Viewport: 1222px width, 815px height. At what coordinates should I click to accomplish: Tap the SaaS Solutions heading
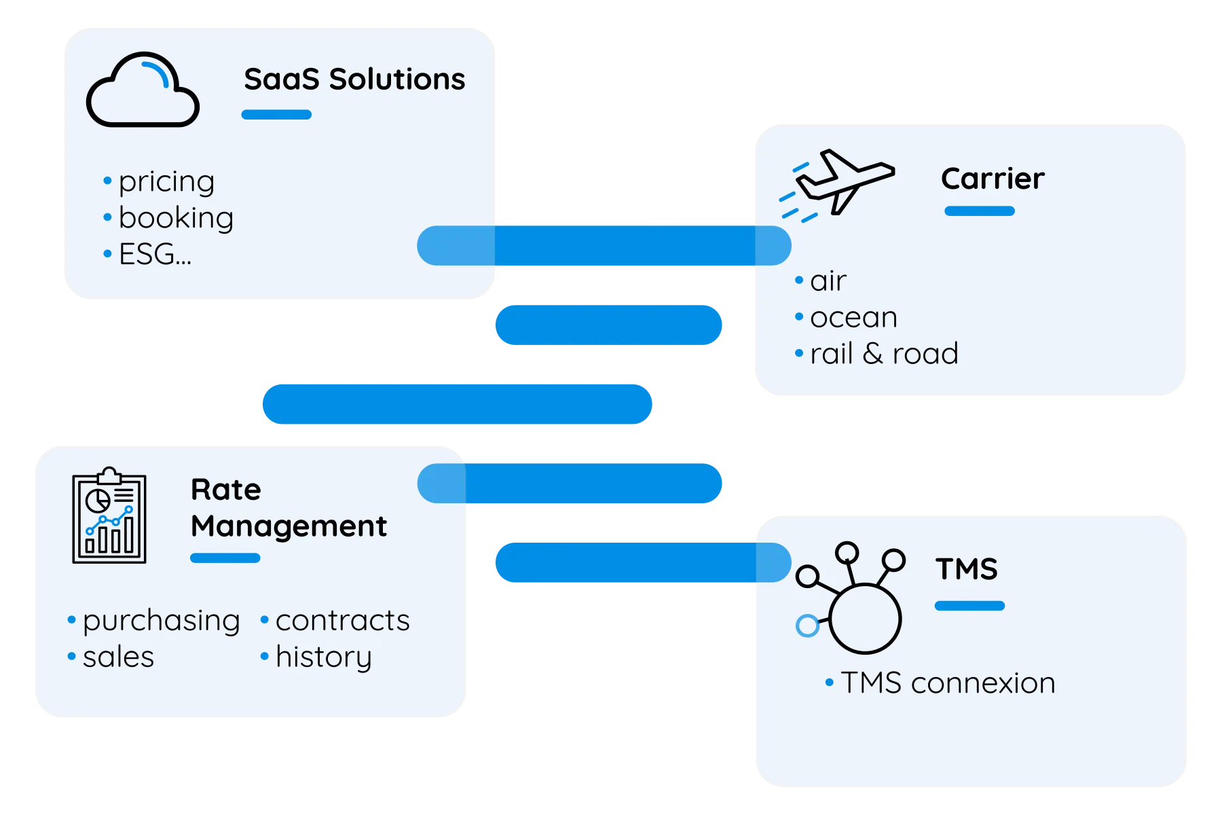(354, 79)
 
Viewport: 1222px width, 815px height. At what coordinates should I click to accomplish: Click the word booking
(176, 218)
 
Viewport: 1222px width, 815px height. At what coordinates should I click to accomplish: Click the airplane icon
(837, 183)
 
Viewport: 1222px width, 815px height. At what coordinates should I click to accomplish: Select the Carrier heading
(993, 179)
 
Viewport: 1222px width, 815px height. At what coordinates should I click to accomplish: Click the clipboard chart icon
(109, 515)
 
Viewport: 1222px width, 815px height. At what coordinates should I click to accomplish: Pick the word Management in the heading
(289, 527)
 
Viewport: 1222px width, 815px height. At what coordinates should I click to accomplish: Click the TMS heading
(967, 569)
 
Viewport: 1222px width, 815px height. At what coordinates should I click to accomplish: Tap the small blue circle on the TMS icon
(807, 626)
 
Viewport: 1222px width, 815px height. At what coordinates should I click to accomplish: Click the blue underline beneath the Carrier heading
(980, 211)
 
